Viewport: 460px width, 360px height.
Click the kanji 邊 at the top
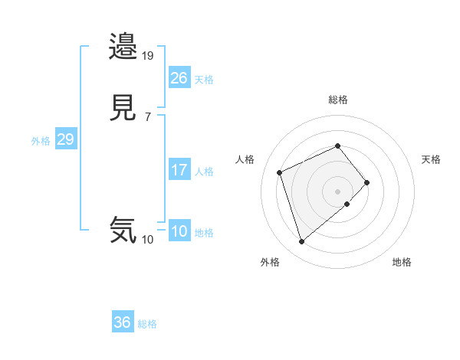click(123, 47)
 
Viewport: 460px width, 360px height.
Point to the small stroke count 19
click(148, 56)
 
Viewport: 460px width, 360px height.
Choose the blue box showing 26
click(179, 78)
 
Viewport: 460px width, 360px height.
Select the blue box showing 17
click(179, 171)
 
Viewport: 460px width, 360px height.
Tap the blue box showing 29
click(65, 140)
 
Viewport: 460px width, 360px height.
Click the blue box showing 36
click(123, 322)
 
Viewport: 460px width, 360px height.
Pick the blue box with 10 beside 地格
click(179, 232)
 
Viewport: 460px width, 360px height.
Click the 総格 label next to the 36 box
click(147, 324)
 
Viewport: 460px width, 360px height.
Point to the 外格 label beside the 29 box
click(41, 141)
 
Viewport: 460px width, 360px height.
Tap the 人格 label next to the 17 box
click(205, 172)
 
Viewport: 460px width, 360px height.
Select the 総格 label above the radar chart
click(338, 100)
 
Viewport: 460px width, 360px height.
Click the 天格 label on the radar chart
click(431, 159)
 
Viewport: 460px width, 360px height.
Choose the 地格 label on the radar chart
click(402, 262)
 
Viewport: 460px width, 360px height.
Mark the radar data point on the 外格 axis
click(301, 242)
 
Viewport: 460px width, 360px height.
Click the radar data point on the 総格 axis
click(337, 146)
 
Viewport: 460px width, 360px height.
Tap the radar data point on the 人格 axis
click(280, 172)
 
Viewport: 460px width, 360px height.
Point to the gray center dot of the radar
click(337, 191)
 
